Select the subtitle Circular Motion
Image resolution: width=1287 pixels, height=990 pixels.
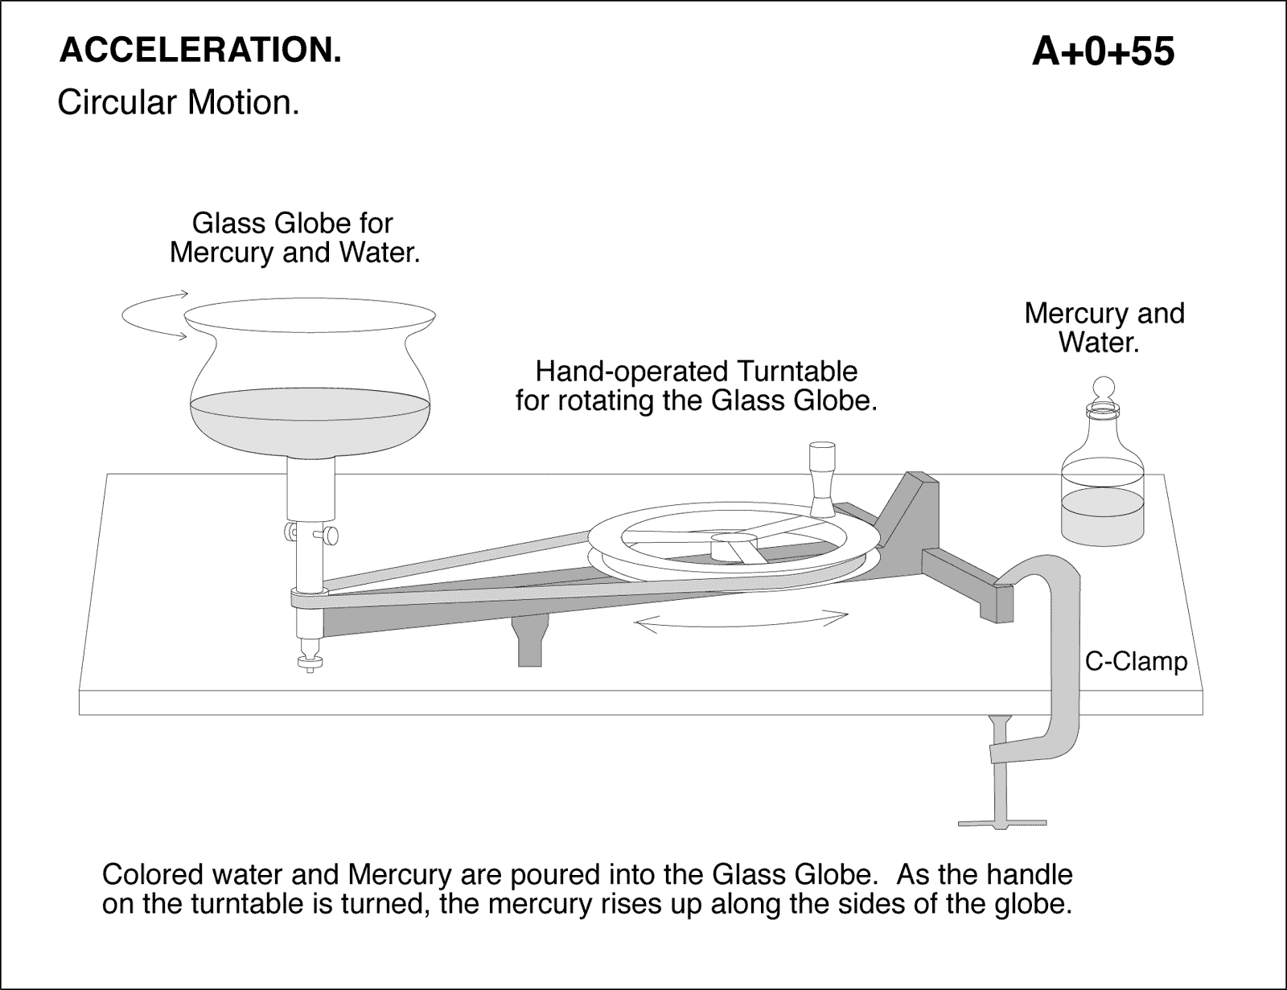(178, 103)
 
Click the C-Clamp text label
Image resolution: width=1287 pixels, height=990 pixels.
(1136, 662)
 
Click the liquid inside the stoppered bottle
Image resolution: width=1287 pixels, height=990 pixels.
(1103, 515)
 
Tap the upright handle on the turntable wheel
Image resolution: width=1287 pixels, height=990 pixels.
(821, 478)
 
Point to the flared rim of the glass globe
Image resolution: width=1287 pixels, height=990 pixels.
(310, 314)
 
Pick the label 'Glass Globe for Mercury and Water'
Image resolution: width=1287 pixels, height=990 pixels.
(294, 237)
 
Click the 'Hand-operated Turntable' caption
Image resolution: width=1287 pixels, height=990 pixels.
(696, 385)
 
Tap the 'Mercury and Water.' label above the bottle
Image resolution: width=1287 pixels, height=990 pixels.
(1104, 327)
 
